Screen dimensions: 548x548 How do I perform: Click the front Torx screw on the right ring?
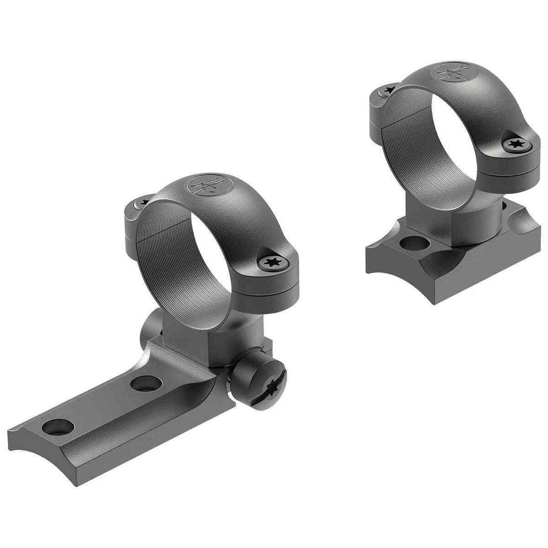(514, 145)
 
